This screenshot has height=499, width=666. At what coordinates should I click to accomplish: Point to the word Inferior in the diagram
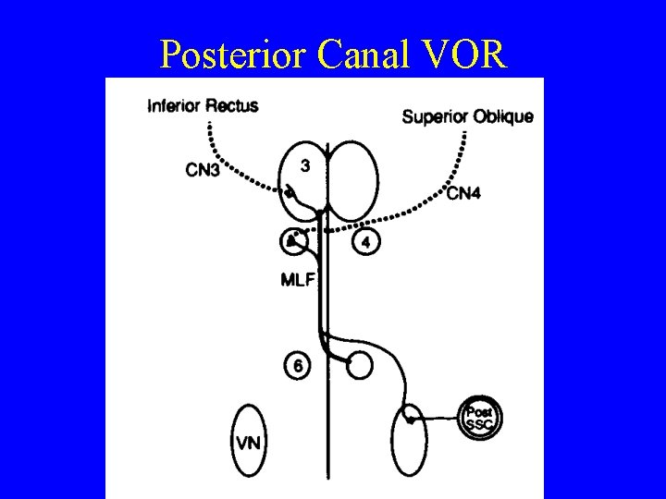[x=173, y=106]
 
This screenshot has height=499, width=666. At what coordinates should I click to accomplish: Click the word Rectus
[x=231, y=106]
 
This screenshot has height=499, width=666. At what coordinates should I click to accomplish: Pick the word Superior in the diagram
[x=436, y=117]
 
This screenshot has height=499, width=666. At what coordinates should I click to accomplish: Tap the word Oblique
[x=503, y=117]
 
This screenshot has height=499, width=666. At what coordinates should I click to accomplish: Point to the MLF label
[x=298, y=280]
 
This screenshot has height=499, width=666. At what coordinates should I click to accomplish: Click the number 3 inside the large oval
[x=306, y=165]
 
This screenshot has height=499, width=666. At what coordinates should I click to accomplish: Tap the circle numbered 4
[x=366, y=243]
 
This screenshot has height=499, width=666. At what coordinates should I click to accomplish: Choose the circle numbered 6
[x=298, y=366]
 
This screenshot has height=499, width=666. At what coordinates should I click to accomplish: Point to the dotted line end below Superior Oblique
[x=463, y=136]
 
